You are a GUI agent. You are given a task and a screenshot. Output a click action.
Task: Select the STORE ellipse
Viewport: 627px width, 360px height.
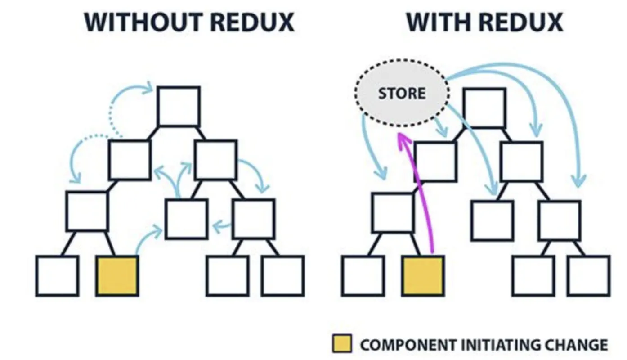coord(402,94)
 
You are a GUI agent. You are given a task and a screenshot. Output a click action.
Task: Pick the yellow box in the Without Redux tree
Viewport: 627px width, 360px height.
coord(117,276)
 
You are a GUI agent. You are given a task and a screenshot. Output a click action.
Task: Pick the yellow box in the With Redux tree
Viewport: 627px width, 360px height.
coord(423,276)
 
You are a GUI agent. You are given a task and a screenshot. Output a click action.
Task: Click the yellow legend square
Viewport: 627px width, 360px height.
coord(342,344)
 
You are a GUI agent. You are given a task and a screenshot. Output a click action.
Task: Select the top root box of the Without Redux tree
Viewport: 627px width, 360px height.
coord(179,107)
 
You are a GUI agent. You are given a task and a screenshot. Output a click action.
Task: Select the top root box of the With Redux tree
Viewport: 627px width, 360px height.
coord(484,108)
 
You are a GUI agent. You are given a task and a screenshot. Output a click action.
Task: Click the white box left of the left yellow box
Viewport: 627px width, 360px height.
coord(57,276)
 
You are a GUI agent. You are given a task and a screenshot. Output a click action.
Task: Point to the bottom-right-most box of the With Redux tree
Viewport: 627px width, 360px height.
coord(589,276)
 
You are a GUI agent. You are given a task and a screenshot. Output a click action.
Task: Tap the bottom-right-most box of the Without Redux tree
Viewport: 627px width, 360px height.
coord(283,276)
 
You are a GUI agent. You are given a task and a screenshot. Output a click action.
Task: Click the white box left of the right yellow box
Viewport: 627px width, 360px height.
coord(363,276)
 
